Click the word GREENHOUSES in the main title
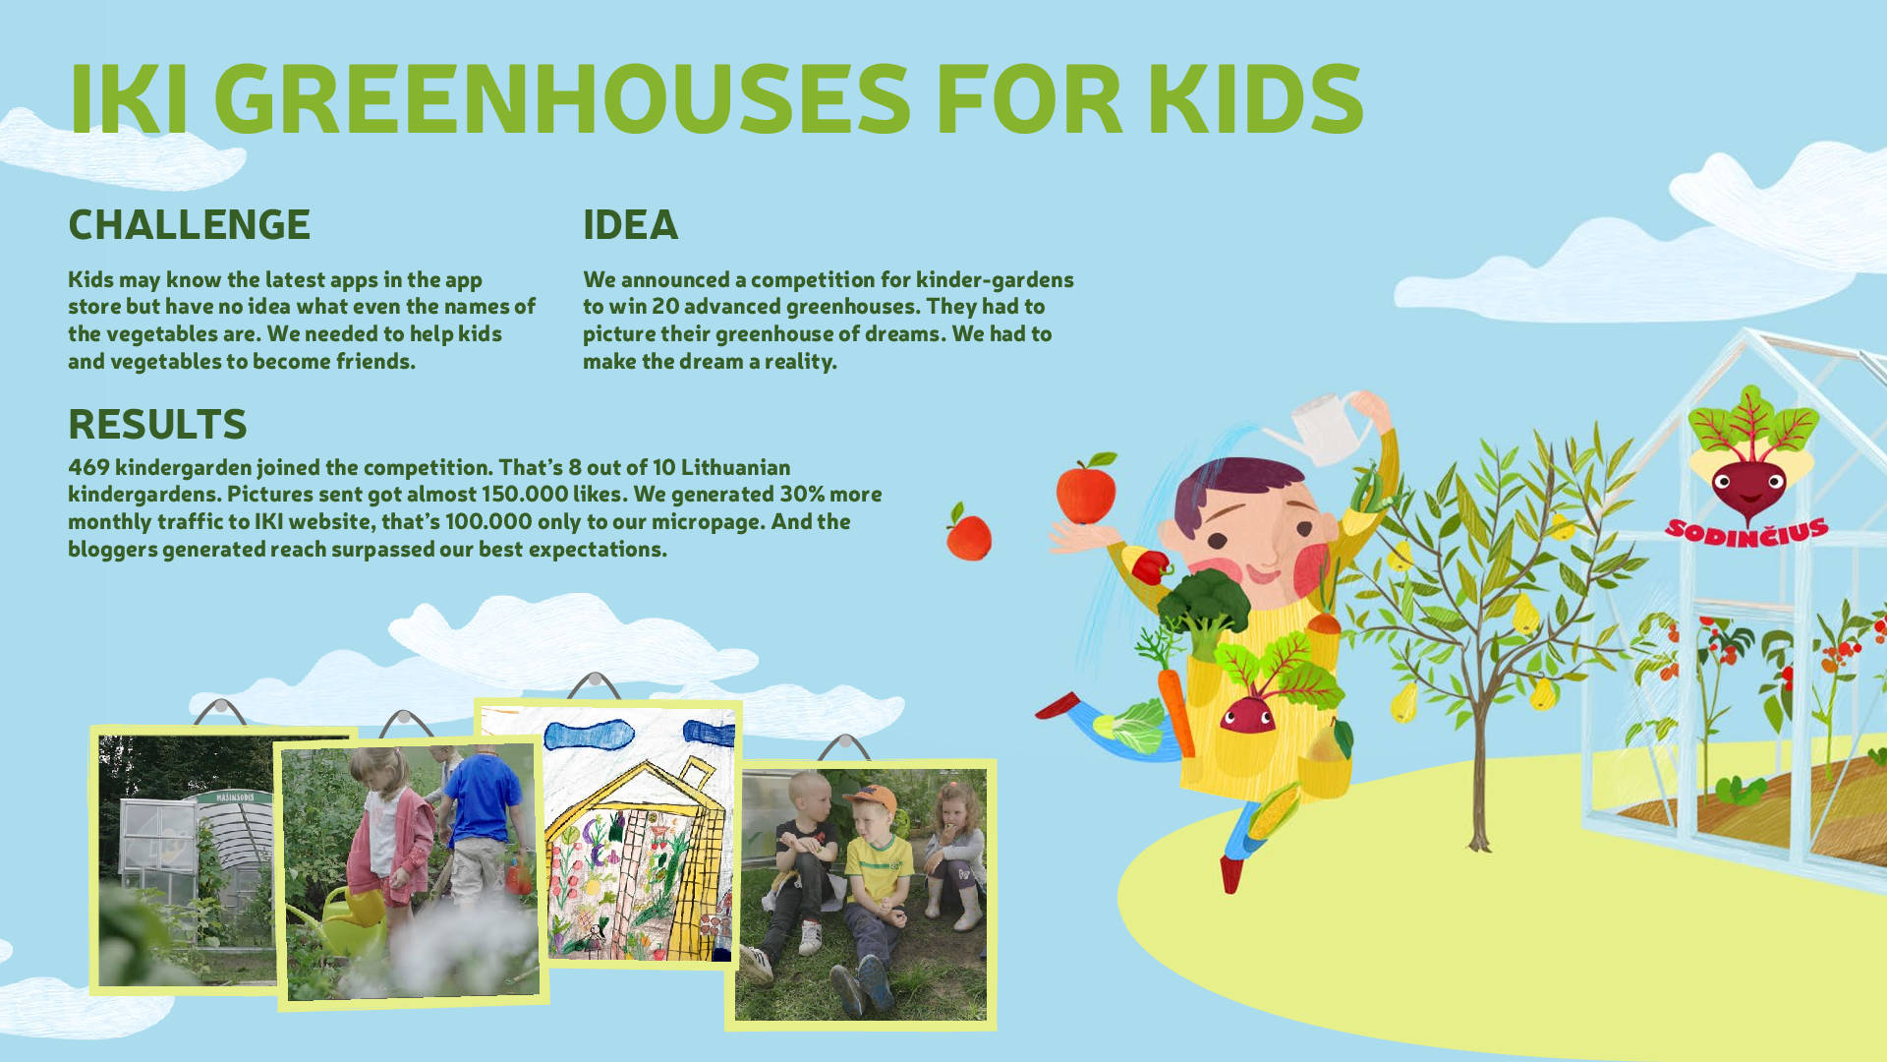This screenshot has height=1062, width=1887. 562,98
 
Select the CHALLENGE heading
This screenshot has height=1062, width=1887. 189,225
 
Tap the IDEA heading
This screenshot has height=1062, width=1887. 630,225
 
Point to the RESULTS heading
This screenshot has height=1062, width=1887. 157,425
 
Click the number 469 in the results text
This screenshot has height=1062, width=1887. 87,467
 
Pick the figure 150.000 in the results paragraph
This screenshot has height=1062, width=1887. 525,494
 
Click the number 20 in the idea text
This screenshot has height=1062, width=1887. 664,307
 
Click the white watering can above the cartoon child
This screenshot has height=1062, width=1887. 1322,427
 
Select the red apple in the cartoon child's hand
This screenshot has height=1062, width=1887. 1086,489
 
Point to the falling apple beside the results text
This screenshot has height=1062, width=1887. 969,532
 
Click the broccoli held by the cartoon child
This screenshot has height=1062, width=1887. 1203,599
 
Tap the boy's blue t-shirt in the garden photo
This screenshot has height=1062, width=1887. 482,796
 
